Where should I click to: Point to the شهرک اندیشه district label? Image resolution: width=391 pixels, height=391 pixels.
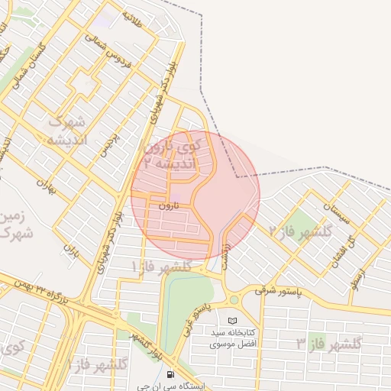67,131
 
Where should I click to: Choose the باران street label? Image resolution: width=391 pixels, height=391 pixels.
71,249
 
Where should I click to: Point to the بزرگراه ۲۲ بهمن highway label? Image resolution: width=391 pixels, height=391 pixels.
35,294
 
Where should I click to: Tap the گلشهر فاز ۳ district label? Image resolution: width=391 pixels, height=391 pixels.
328,344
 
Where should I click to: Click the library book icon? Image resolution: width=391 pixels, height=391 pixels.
233,320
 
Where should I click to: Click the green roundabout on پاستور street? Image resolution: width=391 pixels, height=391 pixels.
234,299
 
